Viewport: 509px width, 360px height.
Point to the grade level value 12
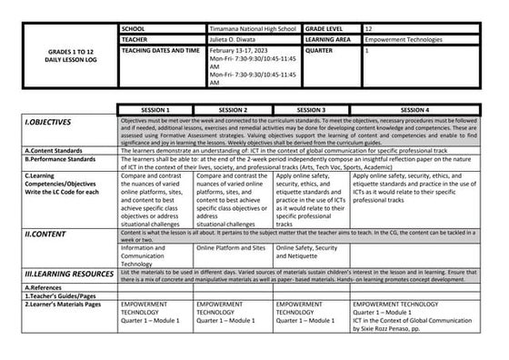[368, 30]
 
